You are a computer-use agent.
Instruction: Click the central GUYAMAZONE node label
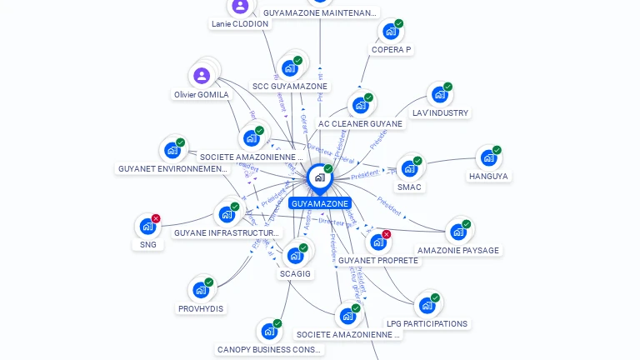pos(320,203)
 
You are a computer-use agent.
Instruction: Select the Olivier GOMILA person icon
pos(202,76)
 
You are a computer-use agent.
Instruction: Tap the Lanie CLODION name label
pos(240,24)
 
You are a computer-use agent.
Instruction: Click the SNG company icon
pos(147,226)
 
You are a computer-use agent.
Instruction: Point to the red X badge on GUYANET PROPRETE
pos(386,235)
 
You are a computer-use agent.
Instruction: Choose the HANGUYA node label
pos(488,177)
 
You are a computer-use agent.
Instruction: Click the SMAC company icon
pos(408,168)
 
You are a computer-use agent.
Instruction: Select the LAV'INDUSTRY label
pos(440,112)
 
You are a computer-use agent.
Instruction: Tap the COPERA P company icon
pos(390,32)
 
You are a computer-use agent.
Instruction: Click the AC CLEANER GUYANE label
pos(360,124)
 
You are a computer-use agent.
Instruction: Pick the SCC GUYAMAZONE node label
pos(290,86)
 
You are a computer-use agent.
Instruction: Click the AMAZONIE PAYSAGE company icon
pos(457,232)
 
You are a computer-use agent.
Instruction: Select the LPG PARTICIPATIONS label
pos(427,323)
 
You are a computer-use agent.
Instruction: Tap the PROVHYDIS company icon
pos(201,290)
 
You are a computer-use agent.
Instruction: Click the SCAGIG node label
pos(295,273)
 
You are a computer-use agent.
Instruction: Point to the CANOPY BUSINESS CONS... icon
pos(268,332)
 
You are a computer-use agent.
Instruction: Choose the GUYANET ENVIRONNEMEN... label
pos(172,169)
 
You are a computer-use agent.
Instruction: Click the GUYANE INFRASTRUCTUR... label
pos(227,232)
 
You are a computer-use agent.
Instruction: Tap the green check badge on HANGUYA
pos(497,151)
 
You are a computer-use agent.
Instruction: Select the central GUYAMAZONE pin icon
pos(319,177)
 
